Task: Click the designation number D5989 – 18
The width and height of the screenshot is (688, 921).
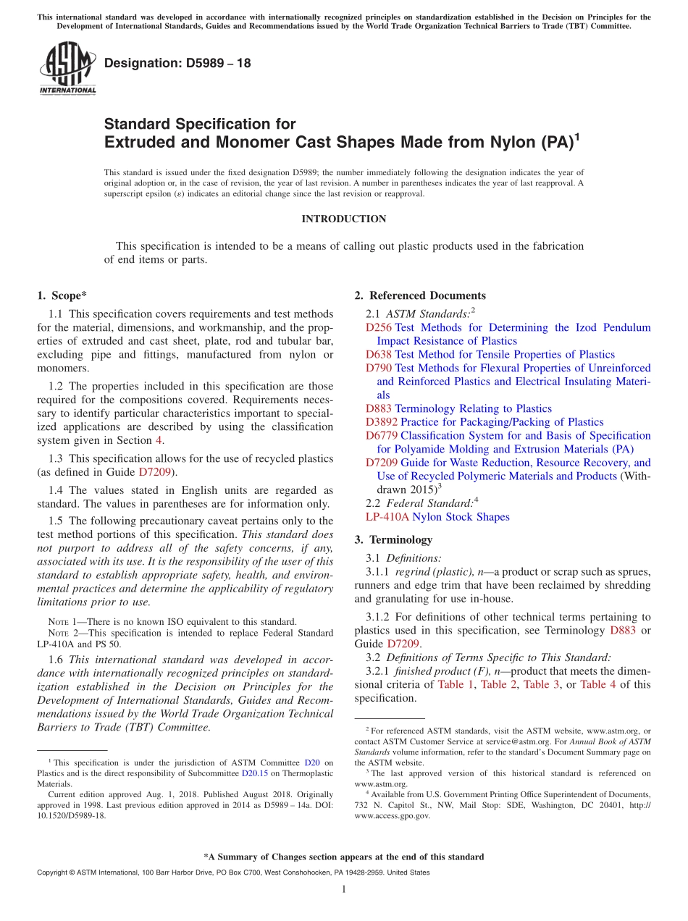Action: (177, 63)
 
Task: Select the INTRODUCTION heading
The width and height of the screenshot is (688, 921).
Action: (343, 219)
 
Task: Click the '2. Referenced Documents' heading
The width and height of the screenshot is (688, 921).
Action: (420, 295)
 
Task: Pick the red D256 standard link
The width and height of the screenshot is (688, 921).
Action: (379, 327)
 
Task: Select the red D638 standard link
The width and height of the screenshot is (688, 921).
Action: (379, 354)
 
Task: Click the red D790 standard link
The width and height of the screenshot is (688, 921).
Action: (379, 368)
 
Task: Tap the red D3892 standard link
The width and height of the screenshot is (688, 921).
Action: (382, 421)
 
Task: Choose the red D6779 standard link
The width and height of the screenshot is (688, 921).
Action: (382, 435)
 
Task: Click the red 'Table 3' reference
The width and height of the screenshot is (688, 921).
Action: (541, 684)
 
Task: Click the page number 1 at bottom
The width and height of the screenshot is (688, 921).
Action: (344, 889)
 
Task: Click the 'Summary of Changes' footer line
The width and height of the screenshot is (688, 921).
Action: (343, 857)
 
